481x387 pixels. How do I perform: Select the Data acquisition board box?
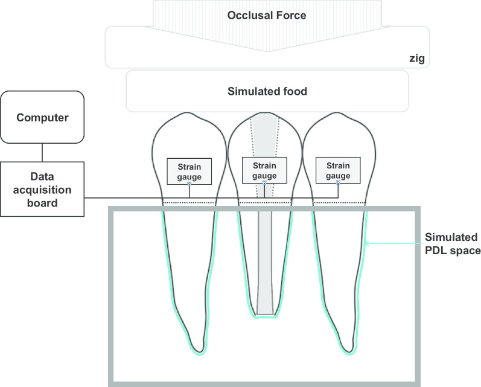coord(42,189)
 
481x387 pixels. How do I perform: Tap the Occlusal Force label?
coord(266,15)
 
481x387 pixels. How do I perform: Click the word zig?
coord(415,59)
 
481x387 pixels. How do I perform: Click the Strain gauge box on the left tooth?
coord(189,170)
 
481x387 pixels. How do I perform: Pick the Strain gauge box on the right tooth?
coord(338,170)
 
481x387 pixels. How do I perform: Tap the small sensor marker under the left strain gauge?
coord(189,183)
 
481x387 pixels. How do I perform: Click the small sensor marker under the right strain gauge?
coord(338,182)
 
